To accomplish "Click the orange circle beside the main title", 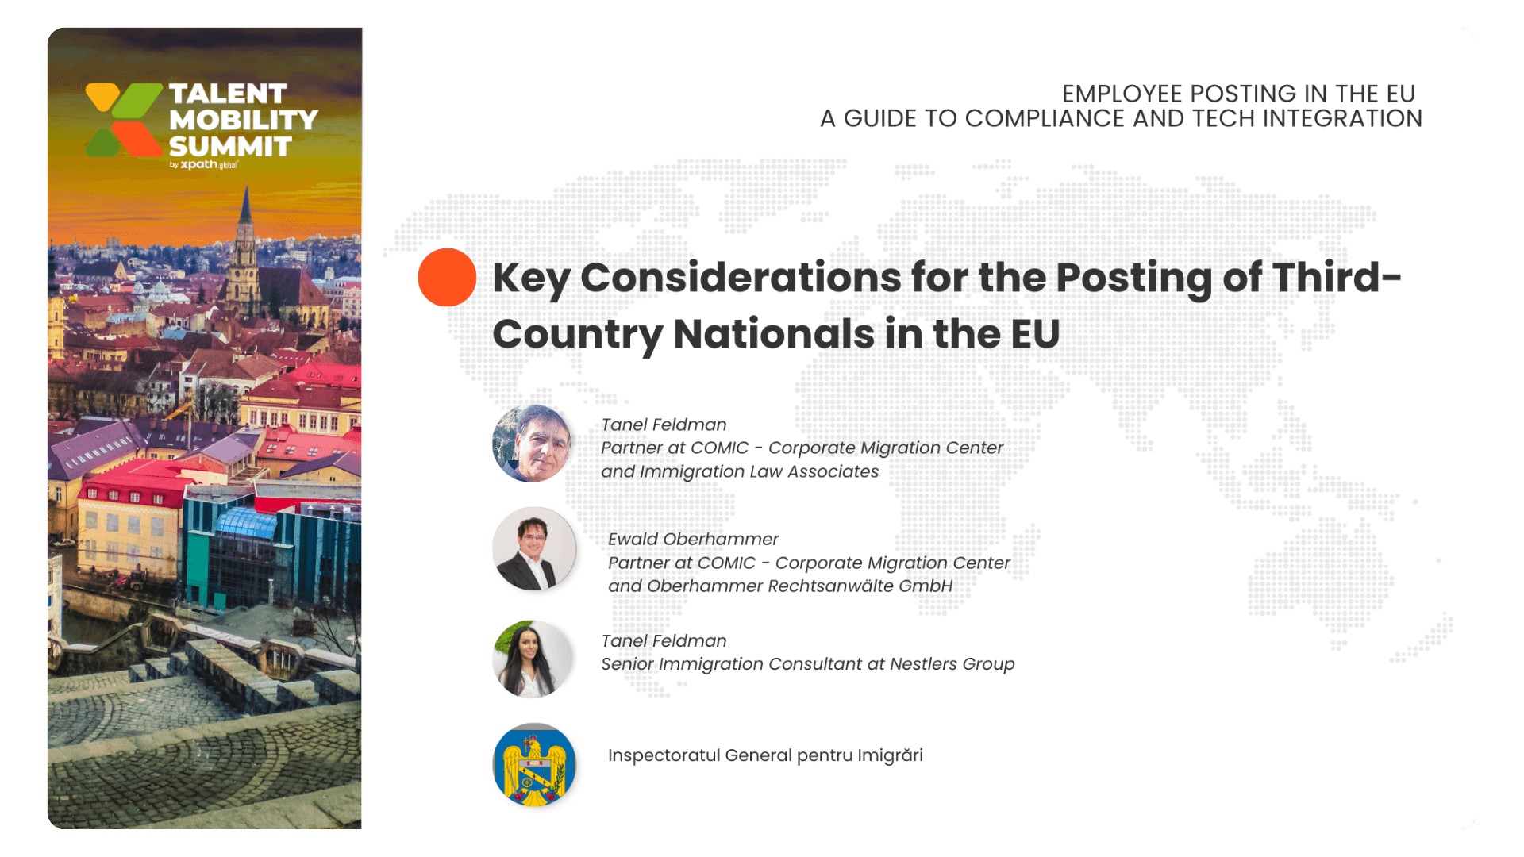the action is (447, 277).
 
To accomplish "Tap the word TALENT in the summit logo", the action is (228, 94).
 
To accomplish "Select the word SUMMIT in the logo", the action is (230, 147).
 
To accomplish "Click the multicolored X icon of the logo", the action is (124, 120).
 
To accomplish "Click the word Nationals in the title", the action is (774, 333).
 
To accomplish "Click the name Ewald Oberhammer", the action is (693, 539).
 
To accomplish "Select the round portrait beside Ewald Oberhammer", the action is (534, 549).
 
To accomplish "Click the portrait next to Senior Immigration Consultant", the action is (533, 659).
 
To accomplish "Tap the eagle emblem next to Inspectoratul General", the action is (534, 765).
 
